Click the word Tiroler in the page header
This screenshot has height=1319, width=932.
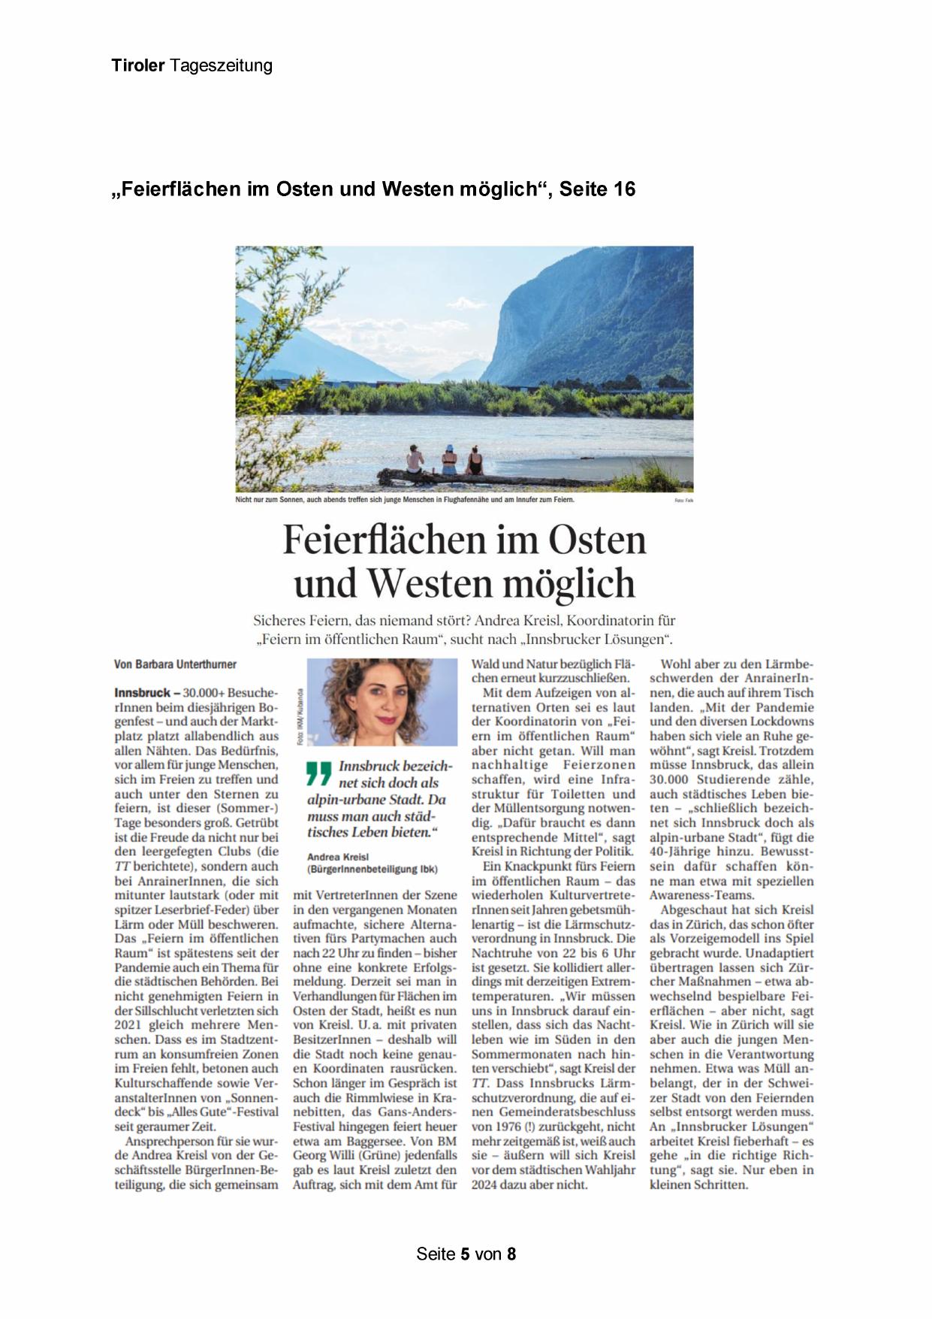[138, 65]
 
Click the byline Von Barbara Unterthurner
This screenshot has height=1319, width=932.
[175, 664]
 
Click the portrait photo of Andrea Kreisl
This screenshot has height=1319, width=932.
[382, 702]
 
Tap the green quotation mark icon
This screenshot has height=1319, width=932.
[318, 773]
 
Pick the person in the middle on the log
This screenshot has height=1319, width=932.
[448, 460]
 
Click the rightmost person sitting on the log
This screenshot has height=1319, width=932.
[475, 460]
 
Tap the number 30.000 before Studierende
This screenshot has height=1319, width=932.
[672, 779]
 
